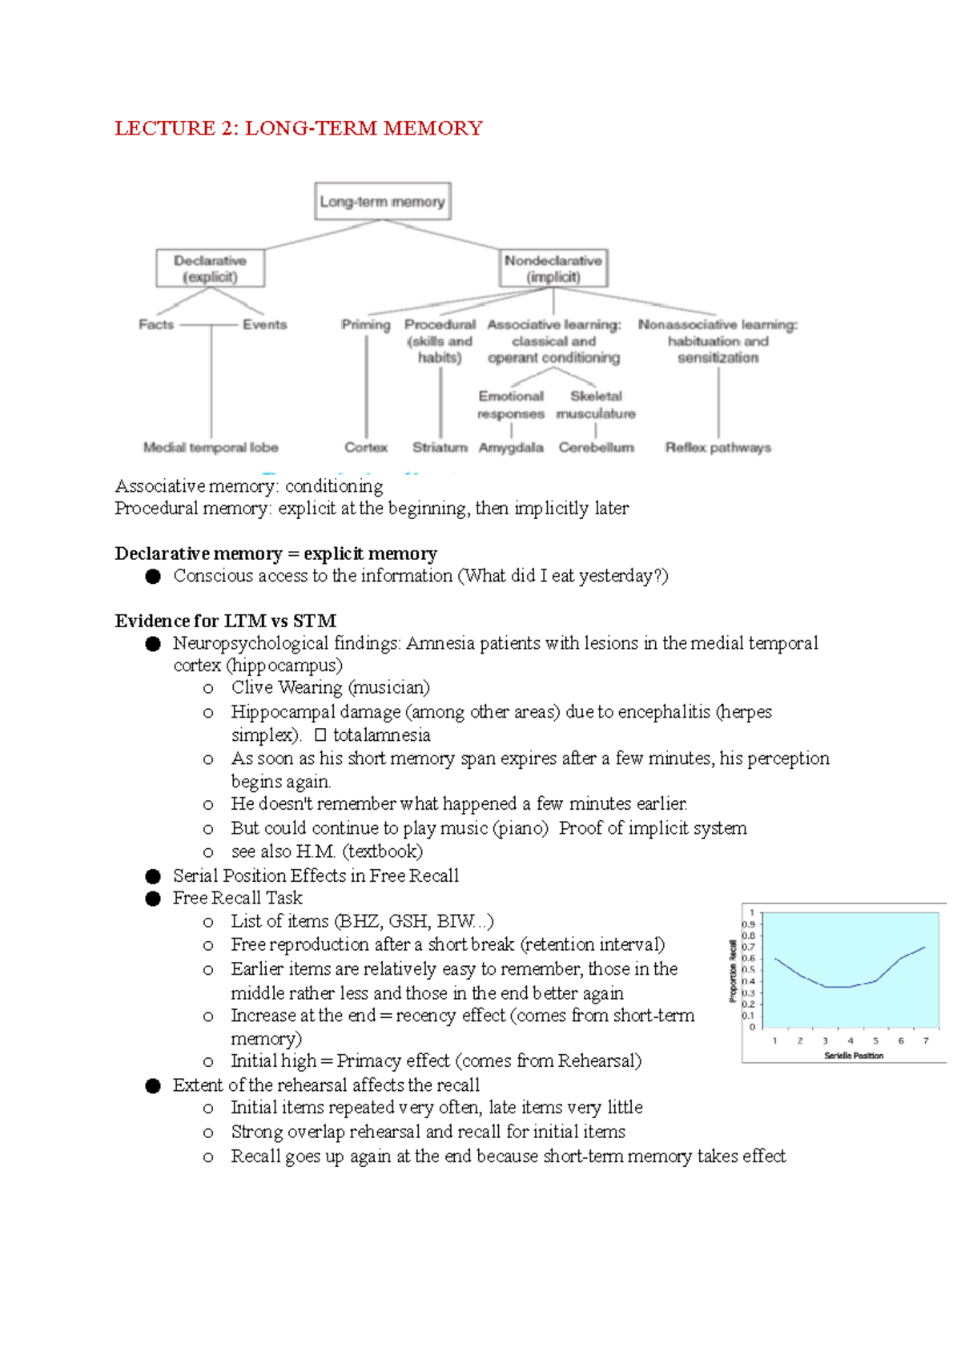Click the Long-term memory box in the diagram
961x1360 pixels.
point(382,202)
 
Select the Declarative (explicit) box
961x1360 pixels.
point(210,268)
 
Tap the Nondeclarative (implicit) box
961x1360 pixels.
point(553,268)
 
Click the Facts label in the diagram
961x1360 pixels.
point(156,324)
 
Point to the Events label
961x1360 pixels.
point(264,324)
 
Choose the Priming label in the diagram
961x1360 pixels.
point(366,324)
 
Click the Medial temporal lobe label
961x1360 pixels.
point(211,448)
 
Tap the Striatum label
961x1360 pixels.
point(440,448)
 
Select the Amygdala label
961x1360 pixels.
point(511,448)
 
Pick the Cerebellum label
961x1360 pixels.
point(597,448)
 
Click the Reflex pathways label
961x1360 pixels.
point(718,448)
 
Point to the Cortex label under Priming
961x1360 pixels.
point(366,448)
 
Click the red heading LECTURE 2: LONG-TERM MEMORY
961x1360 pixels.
point(299,128)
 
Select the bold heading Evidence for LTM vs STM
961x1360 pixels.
point(225,621)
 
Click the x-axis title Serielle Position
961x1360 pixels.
point(854,1056)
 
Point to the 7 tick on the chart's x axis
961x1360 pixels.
point(926,1041)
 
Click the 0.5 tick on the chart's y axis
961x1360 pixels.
point(748,970)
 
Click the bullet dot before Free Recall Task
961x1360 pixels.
point(153,899)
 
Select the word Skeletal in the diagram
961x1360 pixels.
point(596,396)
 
